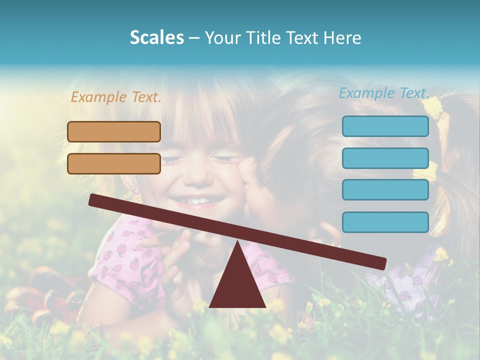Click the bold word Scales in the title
click(156, 37)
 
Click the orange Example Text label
click(116, 97)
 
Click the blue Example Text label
click(384, 93)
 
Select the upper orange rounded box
click(114, 131)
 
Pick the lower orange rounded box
click(114, 163)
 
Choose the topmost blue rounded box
click(385, 126)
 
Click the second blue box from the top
click(385, 158)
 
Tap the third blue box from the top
click(385, 190)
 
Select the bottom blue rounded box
click(385, 222)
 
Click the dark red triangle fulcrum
click(237, 285)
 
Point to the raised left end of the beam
click(93, 199)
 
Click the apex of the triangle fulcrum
click(237, 243)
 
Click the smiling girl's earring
click(133, 189)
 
